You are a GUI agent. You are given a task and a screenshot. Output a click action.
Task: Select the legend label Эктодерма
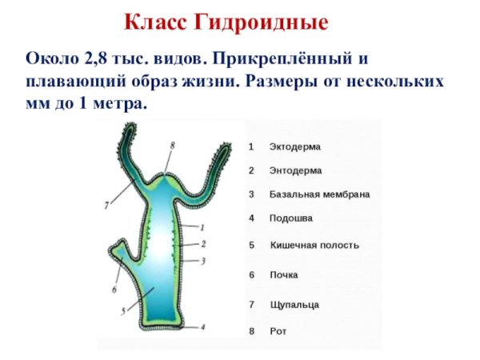[x=295, y=147]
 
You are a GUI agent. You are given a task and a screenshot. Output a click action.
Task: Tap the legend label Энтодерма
[x=296, y=170]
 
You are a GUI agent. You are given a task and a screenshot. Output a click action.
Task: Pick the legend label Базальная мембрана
[x=319, y=194]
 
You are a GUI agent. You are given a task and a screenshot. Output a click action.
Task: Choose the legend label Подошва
[x=290, y=218]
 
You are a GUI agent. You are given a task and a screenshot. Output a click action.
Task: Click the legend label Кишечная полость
[x=314, y=245]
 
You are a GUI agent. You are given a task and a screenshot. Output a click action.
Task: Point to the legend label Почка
[x=284, y=274]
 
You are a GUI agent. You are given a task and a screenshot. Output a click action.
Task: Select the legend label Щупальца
[x=294, y=305]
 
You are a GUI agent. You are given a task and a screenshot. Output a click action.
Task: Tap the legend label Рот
[x=278, y=330]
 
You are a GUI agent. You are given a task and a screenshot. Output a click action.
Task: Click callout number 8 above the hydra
[x=172, y=145]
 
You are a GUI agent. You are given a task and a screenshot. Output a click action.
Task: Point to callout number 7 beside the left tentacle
[x=106, y=205]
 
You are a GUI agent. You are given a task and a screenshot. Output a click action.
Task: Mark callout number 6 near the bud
[x=114, y=289]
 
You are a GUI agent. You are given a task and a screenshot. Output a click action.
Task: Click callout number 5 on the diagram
[x=122, y=311]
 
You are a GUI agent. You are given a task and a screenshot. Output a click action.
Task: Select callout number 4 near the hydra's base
[x=202, y=326]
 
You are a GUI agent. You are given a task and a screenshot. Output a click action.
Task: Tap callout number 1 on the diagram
[x=202, y=227]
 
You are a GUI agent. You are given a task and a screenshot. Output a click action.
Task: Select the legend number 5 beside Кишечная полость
[x=251, y=245]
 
